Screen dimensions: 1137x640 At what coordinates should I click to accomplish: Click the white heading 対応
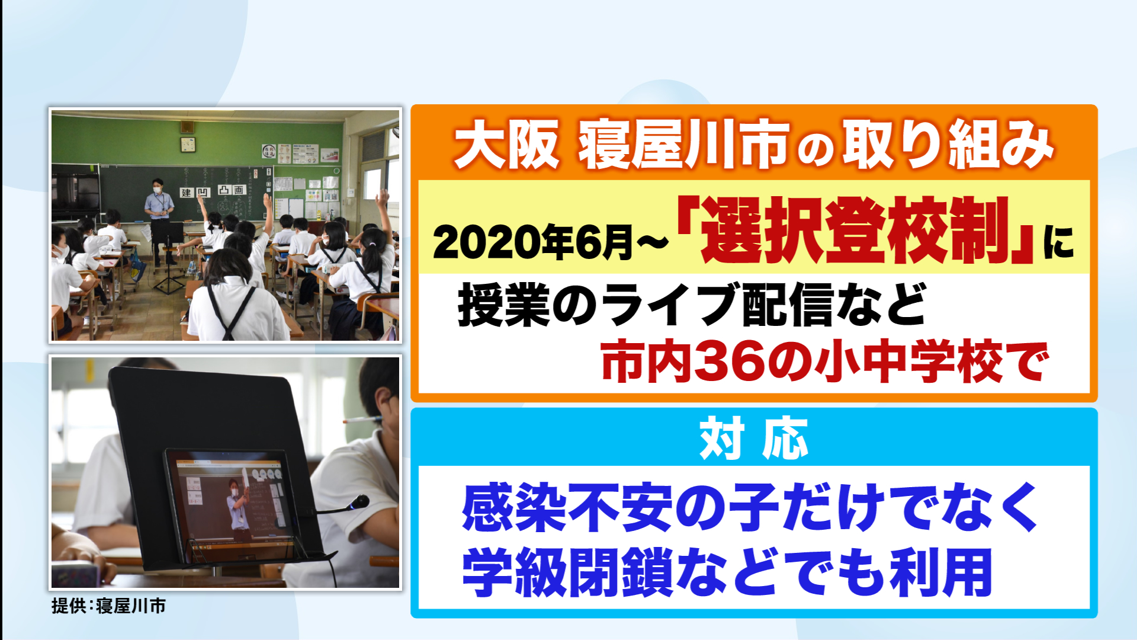click(x=753, y=439)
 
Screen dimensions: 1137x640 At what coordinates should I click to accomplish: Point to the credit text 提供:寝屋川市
click(x=108, y=606)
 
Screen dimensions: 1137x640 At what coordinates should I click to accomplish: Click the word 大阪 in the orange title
click(x=506, y=144)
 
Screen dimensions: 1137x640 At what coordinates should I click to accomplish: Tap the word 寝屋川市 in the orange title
click(x=684, y=144)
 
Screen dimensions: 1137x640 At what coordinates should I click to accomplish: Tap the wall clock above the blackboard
click(x=188, y=144)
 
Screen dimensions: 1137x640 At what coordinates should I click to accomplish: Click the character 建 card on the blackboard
click(x=187, y=193)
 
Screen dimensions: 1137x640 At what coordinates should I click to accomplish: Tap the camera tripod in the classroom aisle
click(x=169, y=261)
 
